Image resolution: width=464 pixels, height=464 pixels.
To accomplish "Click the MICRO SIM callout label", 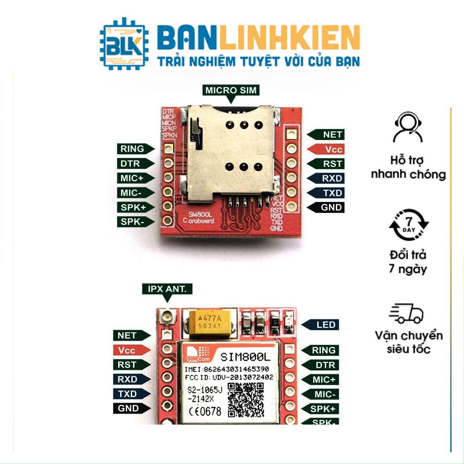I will [x=231, y=90].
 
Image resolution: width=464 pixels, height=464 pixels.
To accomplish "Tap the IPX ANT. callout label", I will [x=167, y=289].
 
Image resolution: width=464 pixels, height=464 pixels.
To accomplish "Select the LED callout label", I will [x=325, y=325].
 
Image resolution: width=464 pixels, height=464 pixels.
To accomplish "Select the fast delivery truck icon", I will [x=407, y=314].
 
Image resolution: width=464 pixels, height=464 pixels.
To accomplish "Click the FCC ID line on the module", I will [x=228, y=379].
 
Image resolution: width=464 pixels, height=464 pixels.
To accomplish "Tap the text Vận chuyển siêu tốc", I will [x=408, y=342].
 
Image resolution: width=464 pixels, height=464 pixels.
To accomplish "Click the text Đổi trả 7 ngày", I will [x=408, y=262].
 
